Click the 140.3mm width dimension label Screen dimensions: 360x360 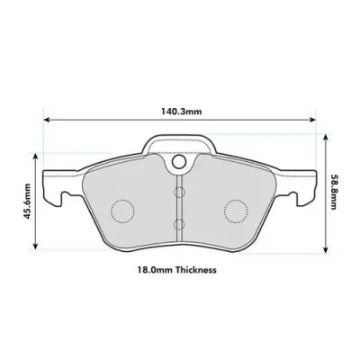tap(181, 112)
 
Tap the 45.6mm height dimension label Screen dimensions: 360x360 tap(28, 204)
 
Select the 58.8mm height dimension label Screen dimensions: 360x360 tap(333, 192)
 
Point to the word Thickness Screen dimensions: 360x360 tap(196, 269)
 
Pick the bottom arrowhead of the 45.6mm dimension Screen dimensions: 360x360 tap(37, 247)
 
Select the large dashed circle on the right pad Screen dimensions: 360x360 tap(235, 211)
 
